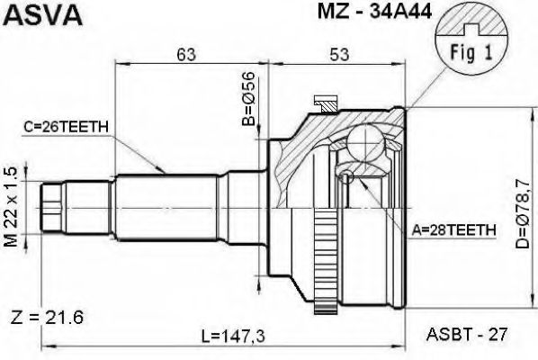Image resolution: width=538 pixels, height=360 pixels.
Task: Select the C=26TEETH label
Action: (67, 128)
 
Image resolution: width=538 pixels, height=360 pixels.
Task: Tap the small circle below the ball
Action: (345, 177)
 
